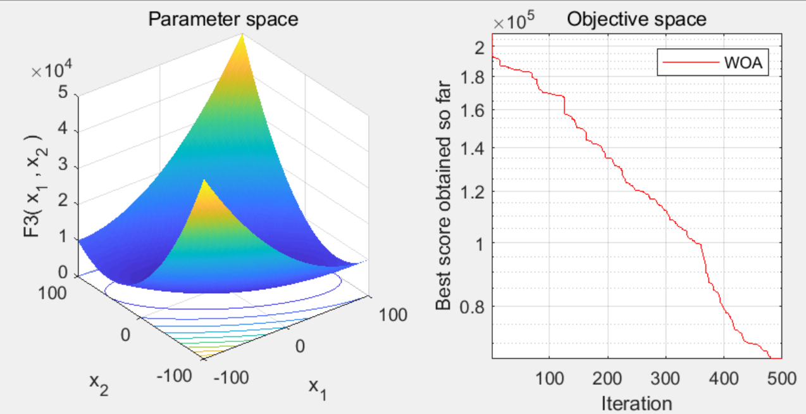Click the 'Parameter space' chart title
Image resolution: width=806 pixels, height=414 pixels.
coord(223,19)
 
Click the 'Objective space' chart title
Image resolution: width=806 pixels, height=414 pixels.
coord(636,19)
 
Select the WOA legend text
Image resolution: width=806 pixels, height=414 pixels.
coord(747,64)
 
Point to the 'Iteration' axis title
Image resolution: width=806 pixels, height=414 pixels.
coord(636,403)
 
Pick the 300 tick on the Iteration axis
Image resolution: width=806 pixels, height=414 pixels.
coord(666,379)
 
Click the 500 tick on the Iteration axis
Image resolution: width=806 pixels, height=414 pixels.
coord(782,379)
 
